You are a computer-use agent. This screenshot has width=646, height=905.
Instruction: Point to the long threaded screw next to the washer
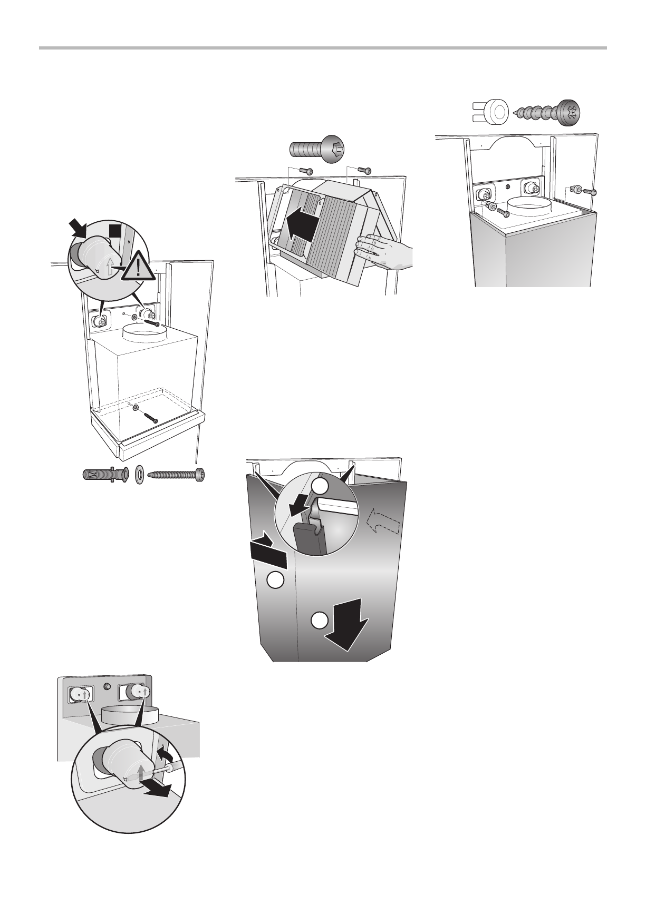pyautogui.click(x=176, y=474)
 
